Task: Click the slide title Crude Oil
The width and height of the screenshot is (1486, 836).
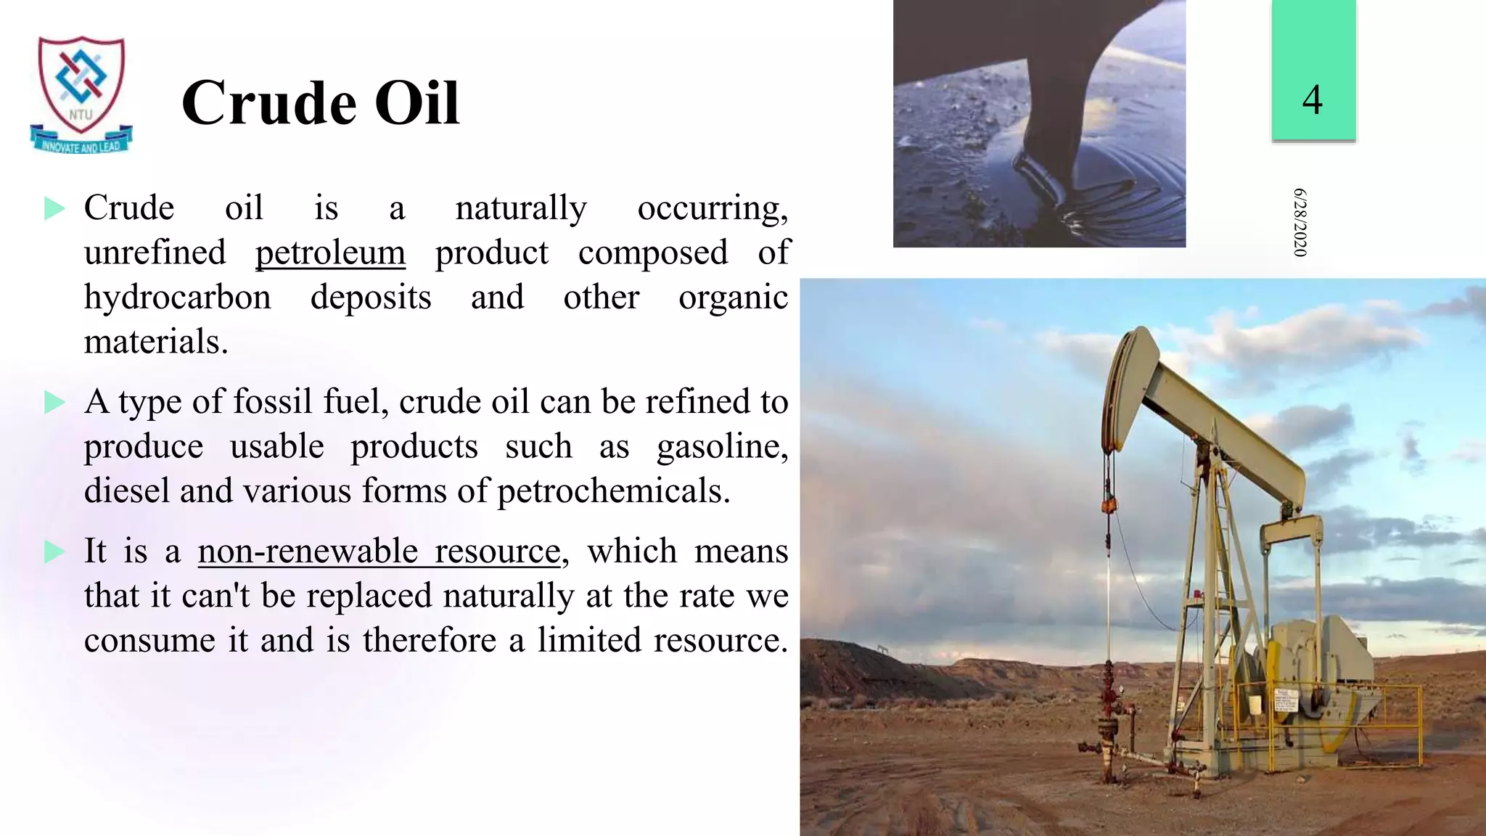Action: coord(320,103)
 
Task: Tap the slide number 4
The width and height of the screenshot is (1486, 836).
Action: coord(1312,99)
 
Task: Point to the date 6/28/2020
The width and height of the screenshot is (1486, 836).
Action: coord(1300,222)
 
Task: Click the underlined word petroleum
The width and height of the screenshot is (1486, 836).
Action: coord(330,253)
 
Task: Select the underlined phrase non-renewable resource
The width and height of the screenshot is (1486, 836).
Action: coord(379,551)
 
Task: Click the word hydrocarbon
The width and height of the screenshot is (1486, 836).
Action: coord(178,298)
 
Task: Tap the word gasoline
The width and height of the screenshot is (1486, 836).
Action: coord(721,446)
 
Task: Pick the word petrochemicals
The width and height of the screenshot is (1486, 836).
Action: coord(613,491)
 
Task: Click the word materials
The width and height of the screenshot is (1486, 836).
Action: coord(155,342)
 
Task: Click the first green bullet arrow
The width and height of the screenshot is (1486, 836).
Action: coord(54,209)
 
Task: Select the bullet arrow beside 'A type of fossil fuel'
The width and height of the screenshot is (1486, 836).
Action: coord(54,402)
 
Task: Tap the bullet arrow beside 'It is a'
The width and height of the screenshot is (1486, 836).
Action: coord(54,552)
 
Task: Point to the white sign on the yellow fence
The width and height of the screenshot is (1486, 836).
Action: coord(1286,701)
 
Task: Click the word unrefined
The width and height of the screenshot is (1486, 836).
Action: coord(155,253)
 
